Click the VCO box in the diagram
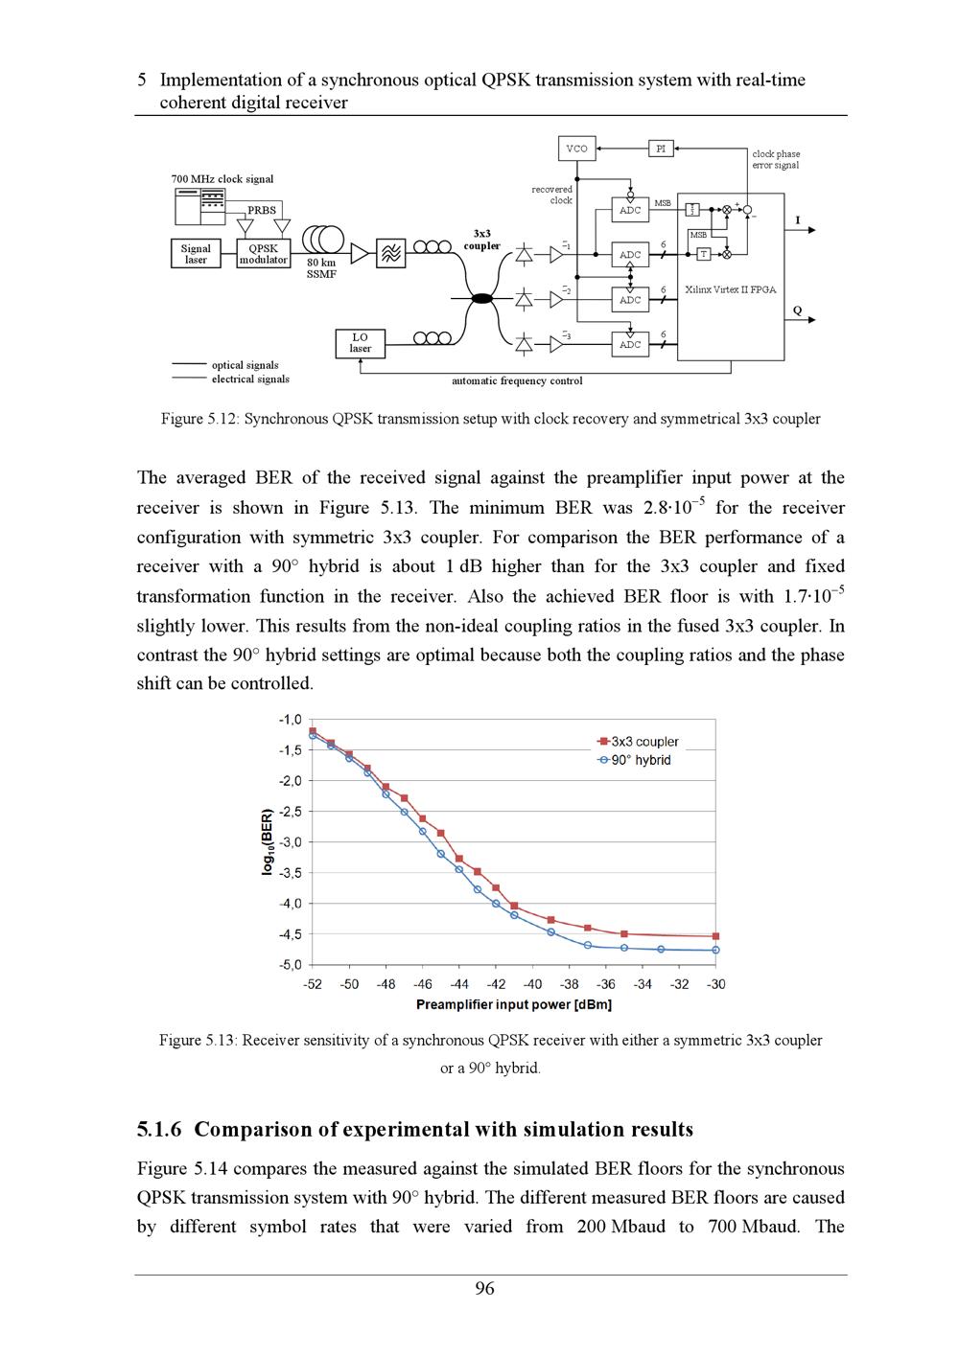coord(576,149)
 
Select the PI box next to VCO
coord(661,149)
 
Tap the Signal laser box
coord(196,254)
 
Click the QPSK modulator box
coord(263,254)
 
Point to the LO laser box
coord(360,343)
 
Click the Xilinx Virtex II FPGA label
coord(730,289)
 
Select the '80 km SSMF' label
coord(321,268)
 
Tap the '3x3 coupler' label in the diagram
coord(481,240)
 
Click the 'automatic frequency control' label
coord(517,381)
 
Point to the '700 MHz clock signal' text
coord(222,179)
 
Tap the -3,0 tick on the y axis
coord(290,842)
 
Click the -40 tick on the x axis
coord(532,984)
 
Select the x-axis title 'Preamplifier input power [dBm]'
coord(513,1004)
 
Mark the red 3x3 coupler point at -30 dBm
coord(715,936)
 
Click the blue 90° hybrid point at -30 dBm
coord(715,950)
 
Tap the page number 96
coord(485,1289)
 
